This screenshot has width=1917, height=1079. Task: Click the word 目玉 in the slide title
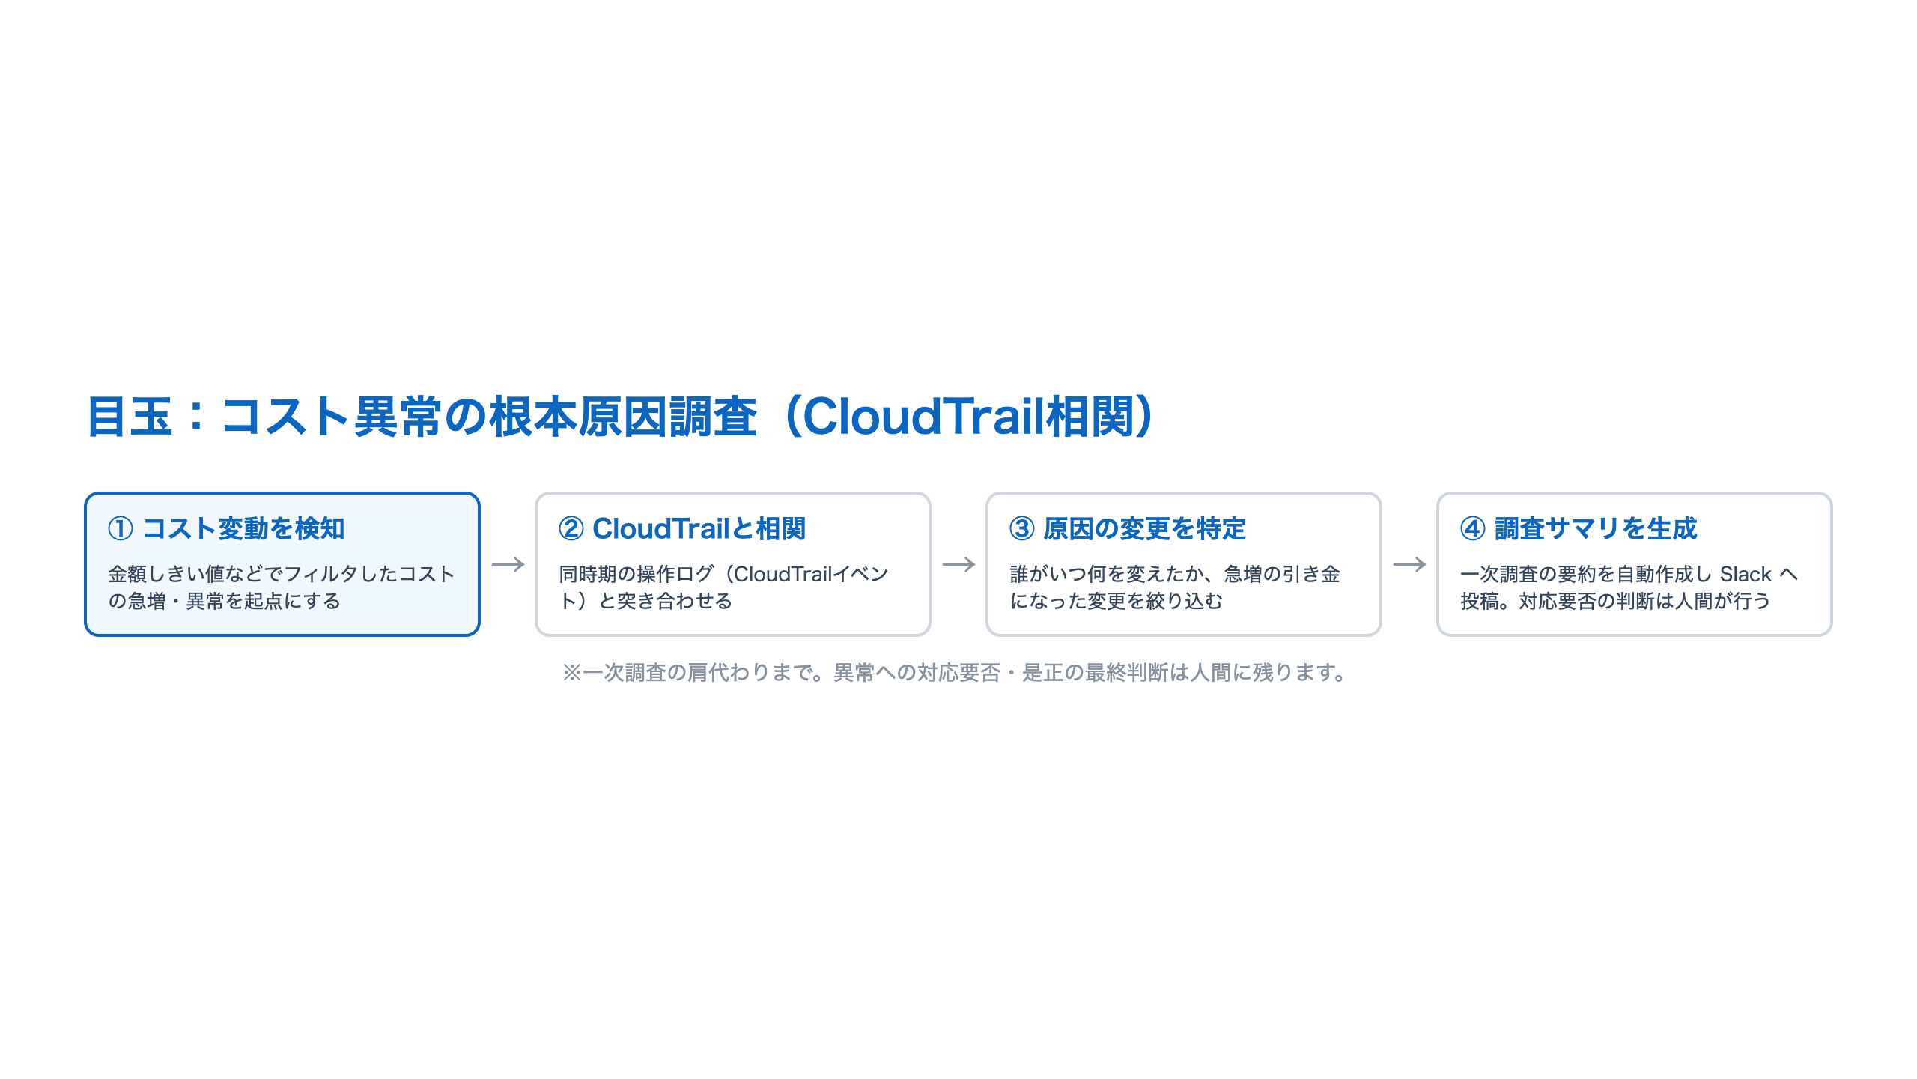[130, 417]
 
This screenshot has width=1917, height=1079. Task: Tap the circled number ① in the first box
[121, 529]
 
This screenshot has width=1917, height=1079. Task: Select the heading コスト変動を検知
[243, 529]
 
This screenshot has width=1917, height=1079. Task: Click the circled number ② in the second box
[571, 529]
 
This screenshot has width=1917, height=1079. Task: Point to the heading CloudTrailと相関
[699, 529]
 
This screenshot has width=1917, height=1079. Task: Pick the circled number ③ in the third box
[1022, 529]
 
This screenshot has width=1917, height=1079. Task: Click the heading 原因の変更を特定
[1145, 529]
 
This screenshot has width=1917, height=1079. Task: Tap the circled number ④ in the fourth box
[1473, 529]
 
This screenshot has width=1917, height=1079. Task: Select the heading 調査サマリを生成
[1596, 529]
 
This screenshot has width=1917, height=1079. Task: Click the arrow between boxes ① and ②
[508, 564]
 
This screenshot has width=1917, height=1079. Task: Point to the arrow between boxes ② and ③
[958, 564]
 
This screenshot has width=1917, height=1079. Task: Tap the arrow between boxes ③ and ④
[1409, 564]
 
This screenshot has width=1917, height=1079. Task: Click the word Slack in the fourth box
[1746, 575]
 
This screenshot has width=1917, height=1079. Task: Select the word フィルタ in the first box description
[322, 575]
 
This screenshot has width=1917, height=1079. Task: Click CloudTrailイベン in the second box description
[811, 575]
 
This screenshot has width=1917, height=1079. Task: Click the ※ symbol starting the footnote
[572, 673]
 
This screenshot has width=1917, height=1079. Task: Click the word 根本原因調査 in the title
[623, 417]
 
